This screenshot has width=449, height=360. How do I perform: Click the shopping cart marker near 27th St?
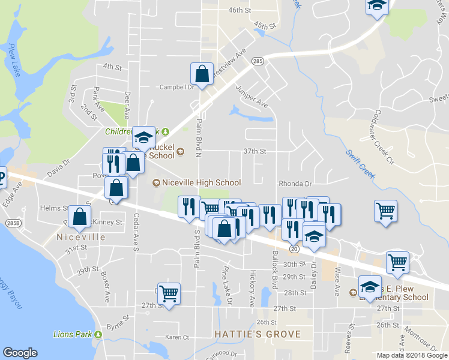point(169,293)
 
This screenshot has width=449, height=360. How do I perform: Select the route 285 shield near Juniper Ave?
point(258,61)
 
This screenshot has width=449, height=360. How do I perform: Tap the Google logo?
point(20,353)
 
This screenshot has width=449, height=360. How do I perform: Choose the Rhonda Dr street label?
point(295,184)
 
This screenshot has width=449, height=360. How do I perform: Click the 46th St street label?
point(239,11)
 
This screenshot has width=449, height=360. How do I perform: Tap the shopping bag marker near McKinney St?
point(79,217)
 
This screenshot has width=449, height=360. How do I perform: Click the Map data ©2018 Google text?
point(411,355)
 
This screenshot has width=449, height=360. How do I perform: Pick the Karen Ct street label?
point(177,337)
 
